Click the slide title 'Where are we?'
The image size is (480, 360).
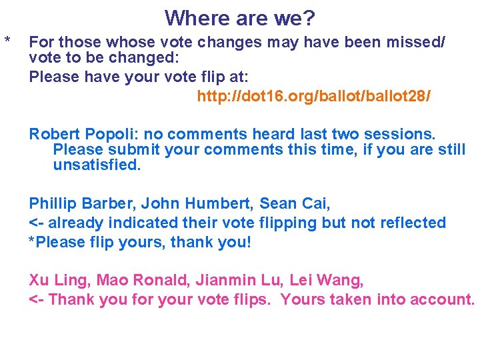240,17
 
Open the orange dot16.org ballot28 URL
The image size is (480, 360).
313,97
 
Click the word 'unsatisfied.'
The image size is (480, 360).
97,165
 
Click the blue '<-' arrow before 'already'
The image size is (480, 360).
37,223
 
